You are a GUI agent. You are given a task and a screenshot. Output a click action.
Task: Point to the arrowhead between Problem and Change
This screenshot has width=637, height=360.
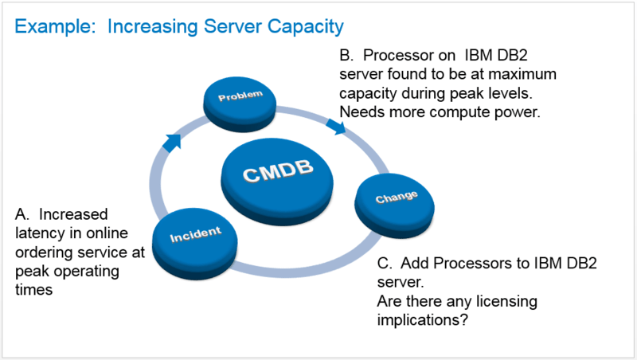click(x=336, y=126)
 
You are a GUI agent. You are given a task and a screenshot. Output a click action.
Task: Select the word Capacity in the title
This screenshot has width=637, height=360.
click(x=303, y=28)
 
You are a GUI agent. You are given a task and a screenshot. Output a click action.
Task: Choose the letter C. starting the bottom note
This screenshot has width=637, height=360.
click(x=382, y=264)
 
